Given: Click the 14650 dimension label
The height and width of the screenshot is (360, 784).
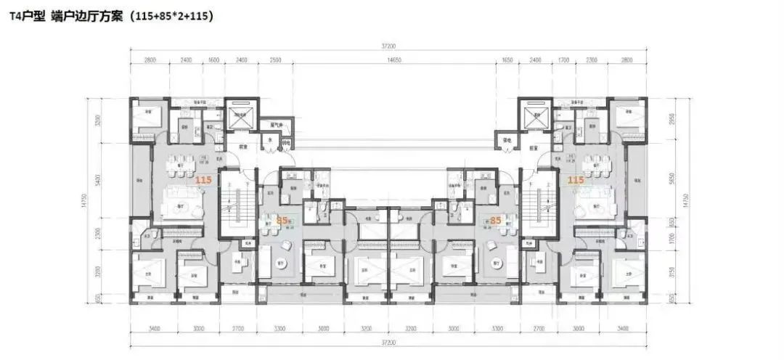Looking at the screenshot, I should pyautogui.click(x=394, y=60).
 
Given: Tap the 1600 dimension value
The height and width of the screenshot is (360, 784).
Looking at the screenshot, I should pyautogui.click(x=213, y=60).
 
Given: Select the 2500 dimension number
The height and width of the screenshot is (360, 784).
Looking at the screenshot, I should pyautogui.click(x=275, y=60).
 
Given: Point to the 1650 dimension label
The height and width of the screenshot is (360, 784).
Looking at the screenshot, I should pyautogui.click(x=507, y=60).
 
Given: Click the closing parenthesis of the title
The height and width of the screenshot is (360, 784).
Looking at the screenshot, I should pyautogui.click(x=211, y=15).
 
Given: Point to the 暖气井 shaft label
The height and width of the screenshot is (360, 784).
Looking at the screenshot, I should pyautogui.click(x=275, y=124).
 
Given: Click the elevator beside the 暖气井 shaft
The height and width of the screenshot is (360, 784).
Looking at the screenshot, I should pyautogui.click(x=238, y=115).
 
